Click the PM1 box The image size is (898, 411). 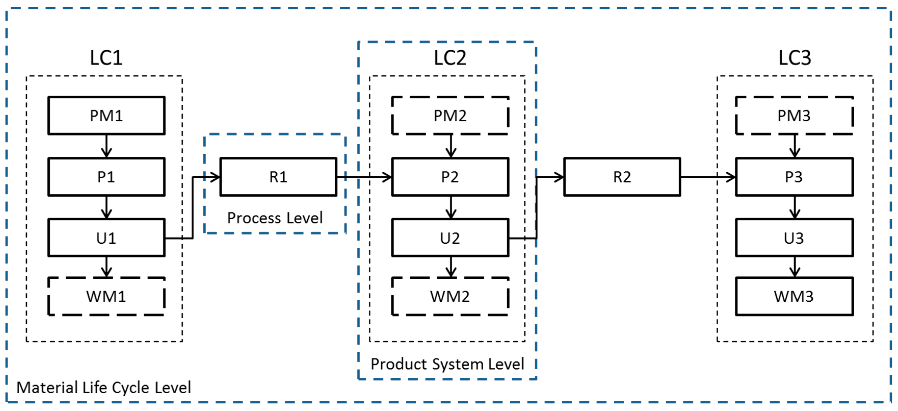pos(106,116)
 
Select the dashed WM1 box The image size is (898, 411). pos(106,296)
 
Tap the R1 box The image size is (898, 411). pos(278,177)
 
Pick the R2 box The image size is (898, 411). pos(622,177)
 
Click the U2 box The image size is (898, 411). pos(450,238)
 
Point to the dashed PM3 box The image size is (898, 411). pos(794,116)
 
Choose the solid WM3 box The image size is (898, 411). pos(794,296)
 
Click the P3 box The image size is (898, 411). pos(794,177)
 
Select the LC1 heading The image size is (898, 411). pos(106,58)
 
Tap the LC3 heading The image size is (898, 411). pos(795,58)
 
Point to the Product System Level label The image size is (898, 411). pos(447,364)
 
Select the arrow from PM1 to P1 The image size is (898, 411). pos(106,146)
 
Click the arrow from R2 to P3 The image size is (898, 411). pos(708,177)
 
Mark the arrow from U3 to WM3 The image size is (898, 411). pos(795,267)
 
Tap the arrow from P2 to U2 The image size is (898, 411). pos(451,207)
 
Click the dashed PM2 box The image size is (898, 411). pos(450,116)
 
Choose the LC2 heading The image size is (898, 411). pos(450,58)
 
